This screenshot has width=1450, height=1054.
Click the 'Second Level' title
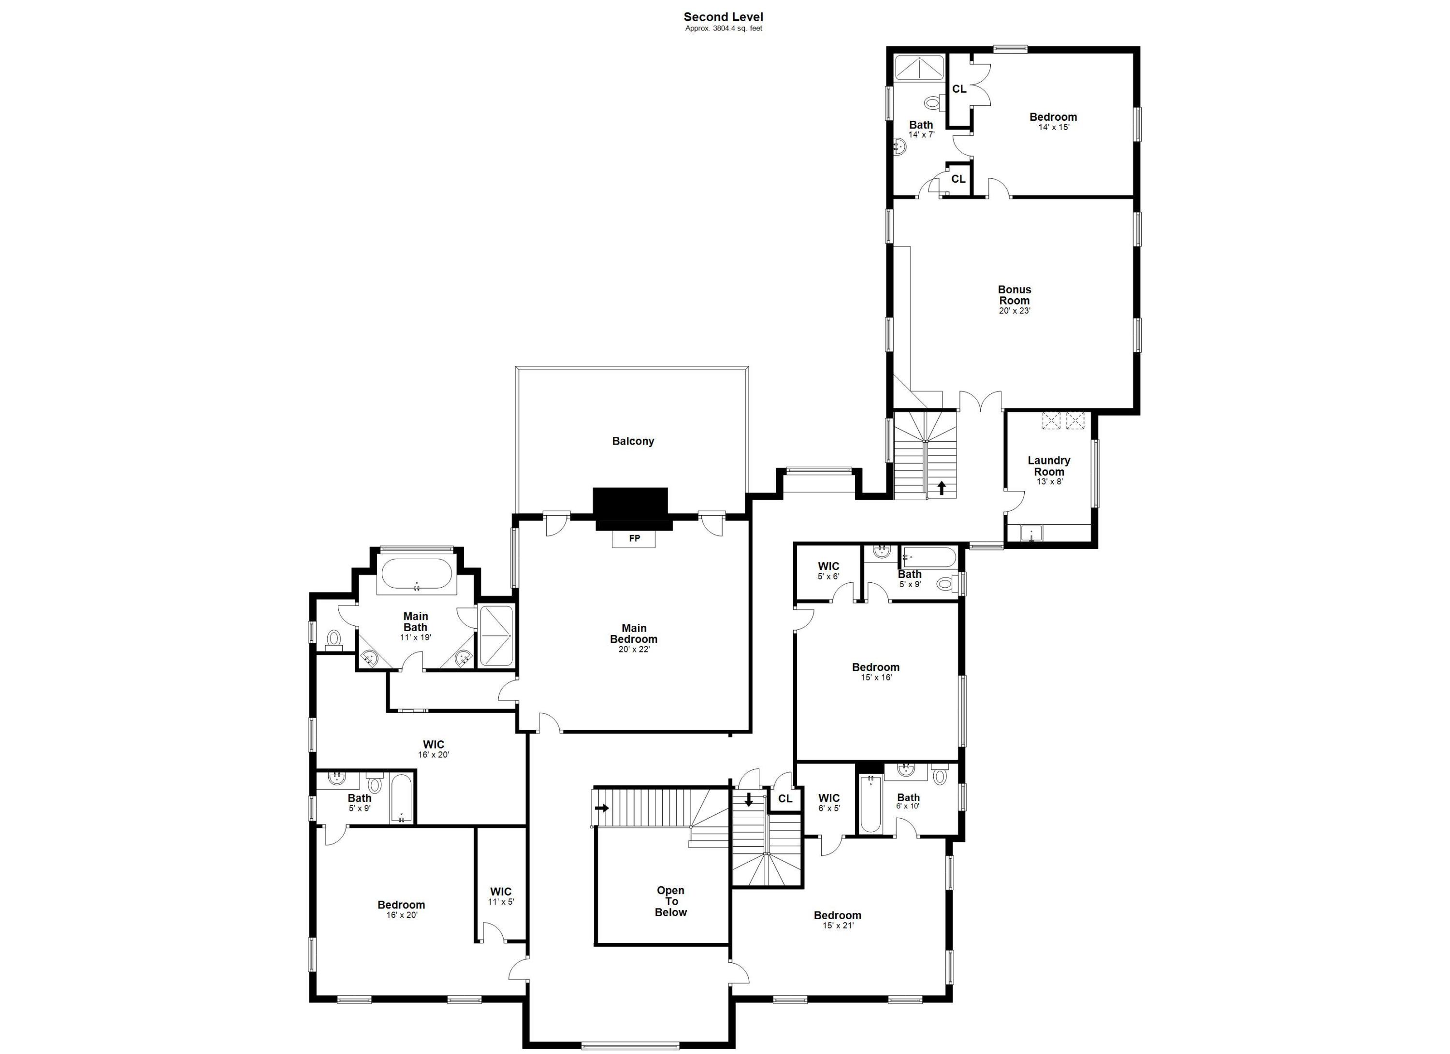point(723,17)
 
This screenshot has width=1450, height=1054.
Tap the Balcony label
point(633,441)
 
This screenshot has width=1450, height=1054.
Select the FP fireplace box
point(634,539)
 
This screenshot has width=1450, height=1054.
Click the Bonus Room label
point(1015,295)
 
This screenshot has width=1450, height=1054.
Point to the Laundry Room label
point(1048,466)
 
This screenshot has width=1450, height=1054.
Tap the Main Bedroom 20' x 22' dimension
point(633,650)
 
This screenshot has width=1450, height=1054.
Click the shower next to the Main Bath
point(496,636)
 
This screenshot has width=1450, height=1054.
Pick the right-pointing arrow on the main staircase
point(602,808)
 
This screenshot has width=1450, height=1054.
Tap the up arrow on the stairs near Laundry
point(941,488)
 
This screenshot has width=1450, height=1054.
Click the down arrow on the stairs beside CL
point(749,800)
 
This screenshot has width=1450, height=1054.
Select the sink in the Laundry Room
point(1030,533)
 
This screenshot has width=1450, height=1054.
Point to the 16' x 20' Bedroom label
point(401,909)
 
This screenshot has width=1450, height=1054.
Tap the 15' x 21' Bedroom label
point(837,919)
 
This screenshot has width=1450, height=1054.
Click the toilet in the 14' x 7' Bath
point(933,101)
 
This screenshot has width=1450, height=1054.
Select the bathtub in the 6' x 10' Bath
point(870,804)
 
